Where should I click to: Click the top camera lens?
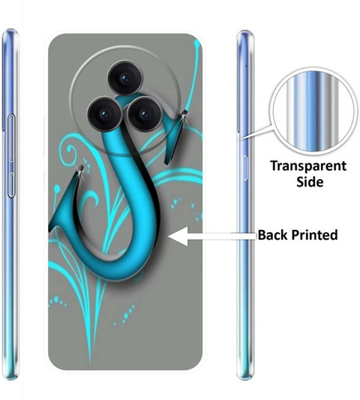pos(125,78)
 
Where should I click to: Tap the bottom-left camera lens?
pos(104,114)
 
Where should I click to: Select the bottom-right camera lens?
pos(145,114)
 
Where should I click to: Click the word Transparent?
pos(308,166)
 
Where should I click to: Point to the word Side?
pos(310,181)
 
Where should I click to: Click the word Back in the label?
pos(272,234)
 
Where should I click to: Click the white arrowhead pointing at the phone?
pos(178,236)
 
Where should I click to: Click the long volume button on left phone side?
pos(11,139)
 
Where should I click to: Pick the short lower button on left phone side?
pos(10,185)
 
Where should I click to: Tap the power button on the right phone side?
pos(244,168)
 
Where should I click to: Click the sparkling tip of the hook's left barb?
pos(81,169)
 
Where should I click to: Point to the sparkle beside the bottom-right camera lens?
pos(184,113)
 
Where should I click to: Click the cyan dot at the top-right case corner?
pos(196,44)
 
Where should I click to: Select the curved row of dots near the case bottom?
pos(125,315)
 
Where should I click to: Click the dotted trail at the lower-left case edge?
pos(58,302)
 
